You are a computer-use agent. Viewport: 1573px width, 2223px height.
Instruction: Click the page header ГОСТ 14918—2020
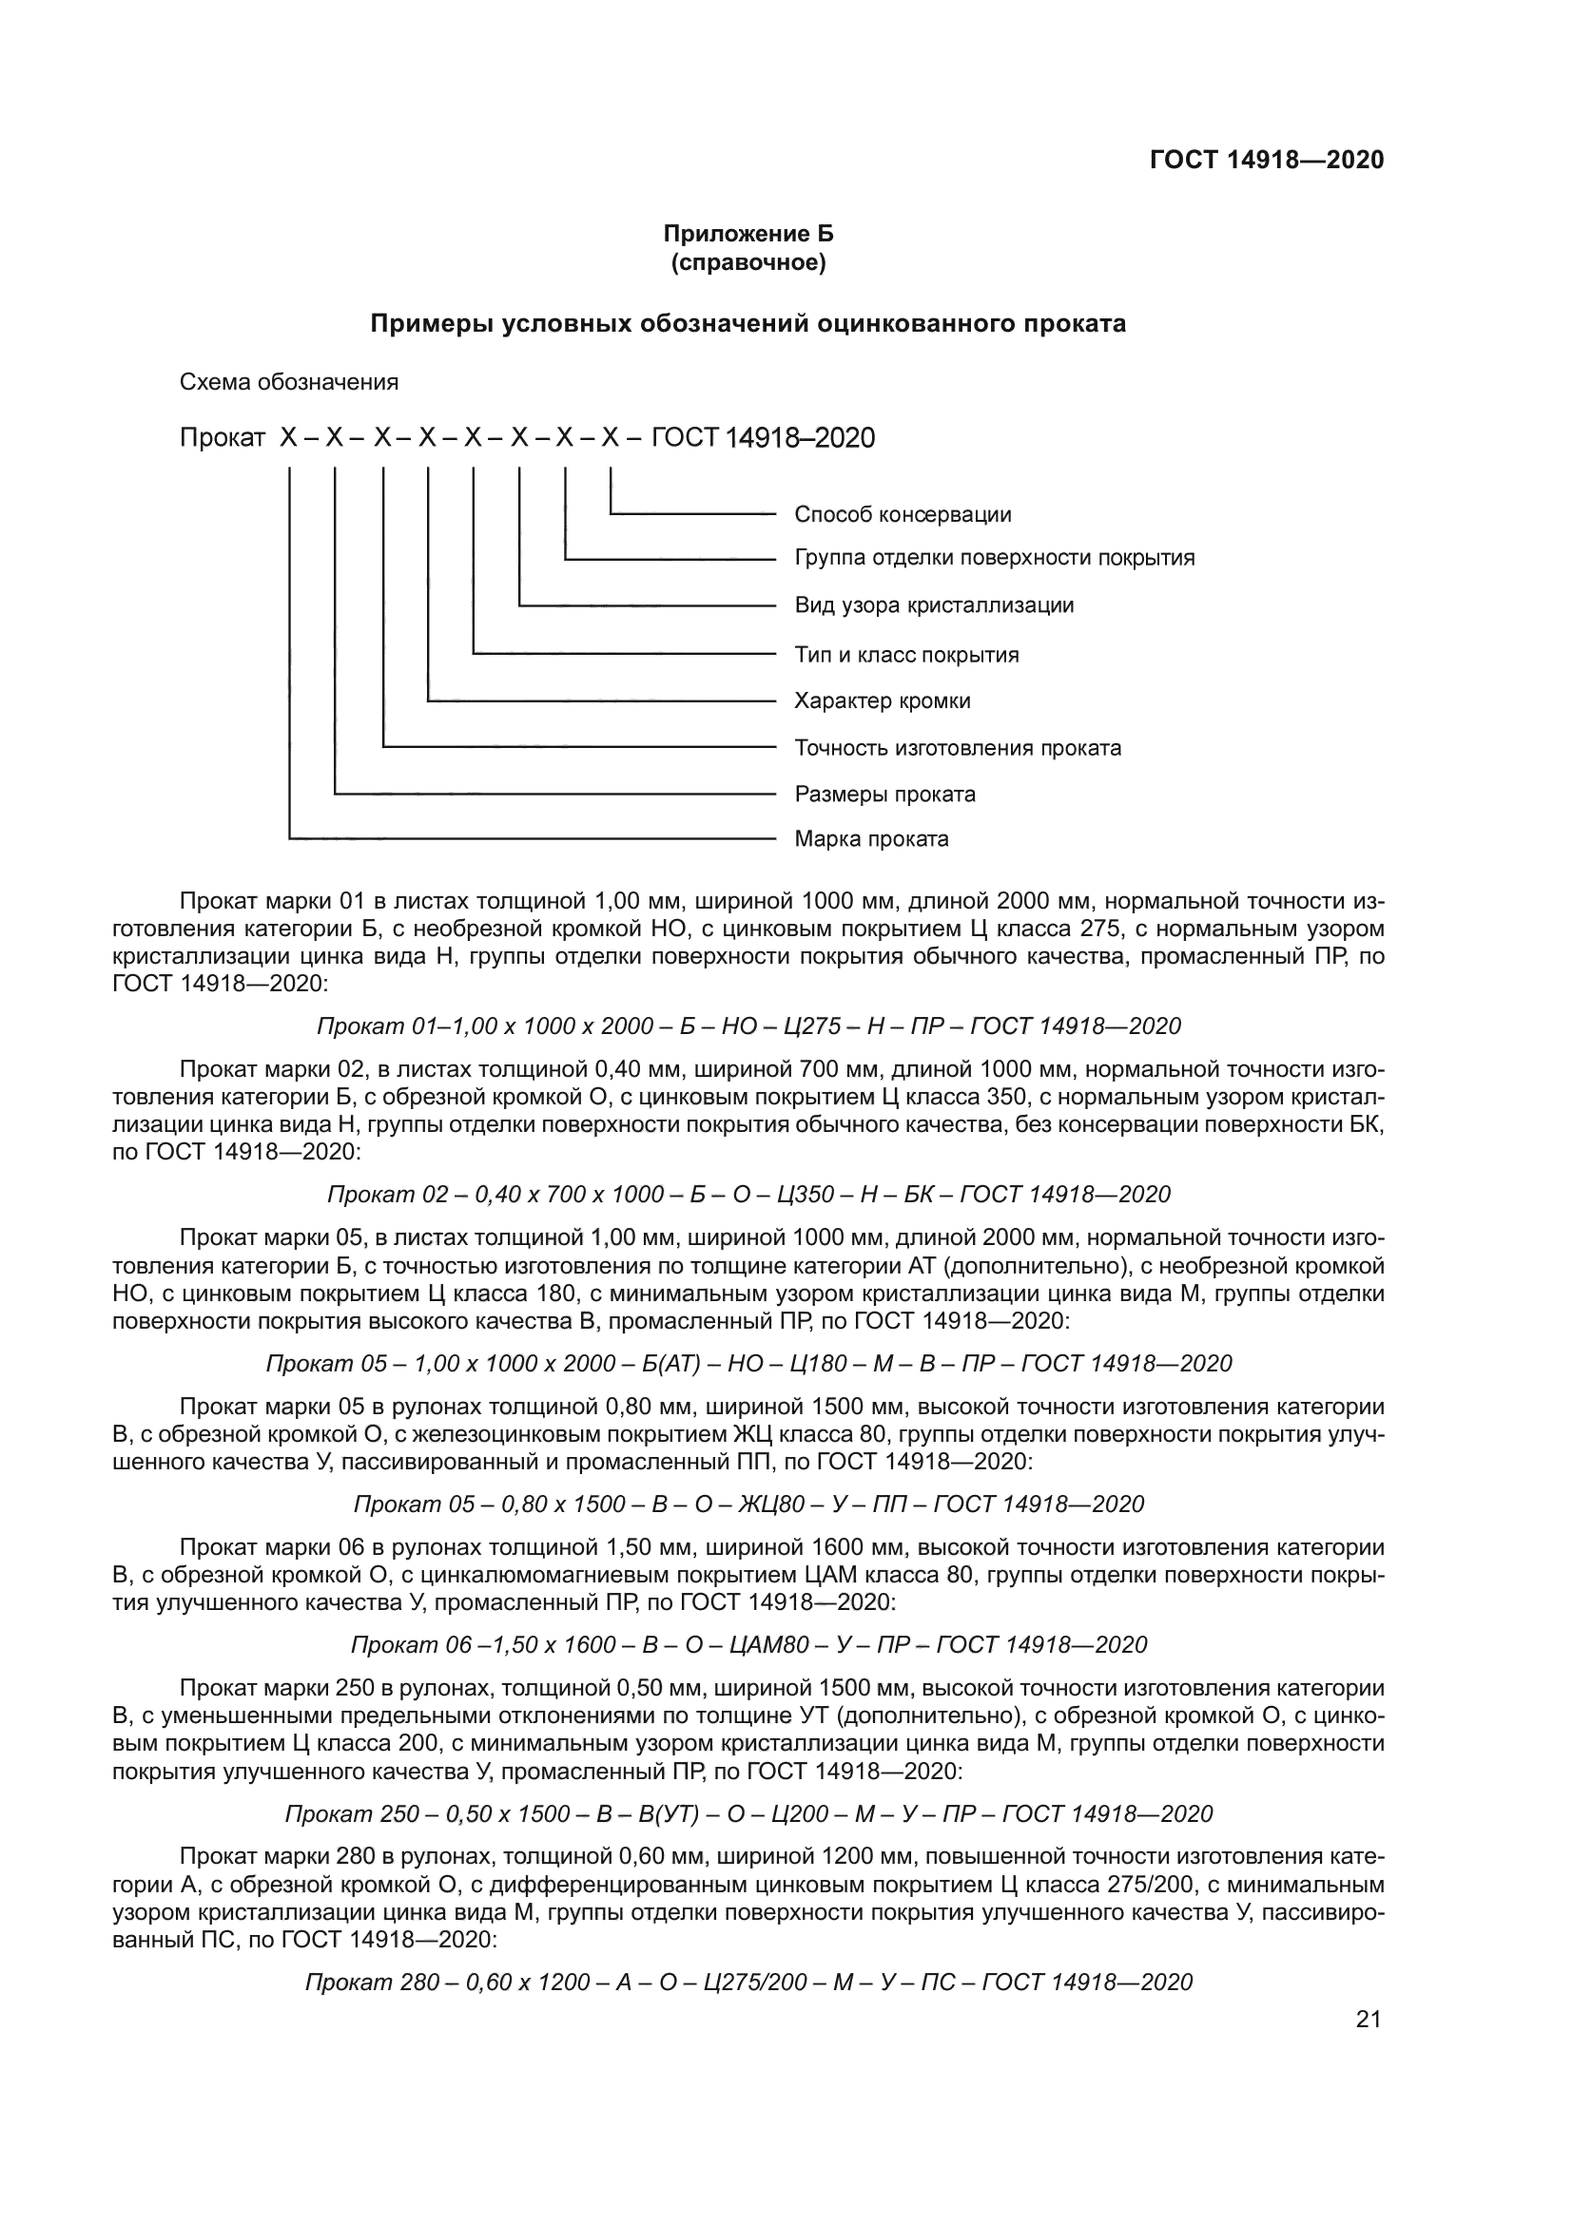tap(1267, 160)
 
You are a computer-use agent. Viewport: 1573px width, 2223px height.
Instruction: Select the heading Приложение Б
tap(748, 235)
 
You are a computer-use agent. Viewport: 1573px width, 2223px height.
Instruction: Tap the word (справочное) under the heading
tap(748, 262)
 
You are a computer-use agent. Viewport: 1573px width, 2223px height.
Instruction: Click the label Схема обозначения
tap(289, 382)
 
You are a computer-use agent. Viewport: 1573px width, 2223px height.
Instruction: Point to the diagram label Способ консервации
tap(903, 514)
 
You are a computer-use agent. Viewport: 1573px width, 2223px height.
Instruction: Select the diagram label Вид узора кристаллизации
tap(934, 606)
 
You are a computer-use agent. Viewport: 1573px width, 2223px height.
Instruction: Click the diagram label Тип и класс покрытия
tap(906, 655)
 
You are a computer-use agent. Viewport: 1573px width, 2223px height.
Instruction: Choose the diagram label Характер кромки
tap(883, 701)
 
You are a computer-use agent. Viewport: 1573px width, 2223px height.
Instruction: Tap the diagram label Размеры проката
tap(884, 795)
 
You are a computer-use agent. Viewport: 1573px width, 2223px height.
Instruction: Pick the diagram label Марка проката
tap(872, 839)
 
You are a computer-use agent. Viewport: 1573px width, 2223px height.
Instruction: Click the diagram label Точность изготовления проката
tap(958, 748)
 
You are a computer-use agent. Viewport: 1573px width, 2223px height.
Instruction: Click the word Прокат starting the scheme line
tap(222, 438)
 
